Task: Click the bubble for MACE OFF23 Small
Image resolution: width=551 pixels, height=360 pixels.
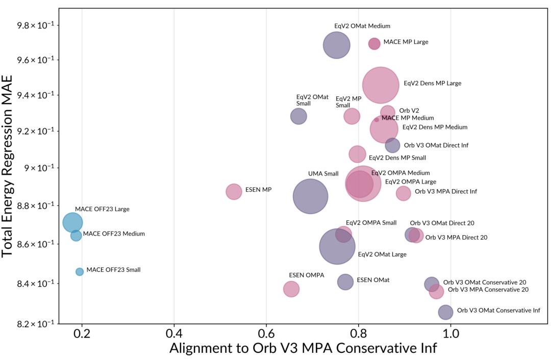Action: [80, 272]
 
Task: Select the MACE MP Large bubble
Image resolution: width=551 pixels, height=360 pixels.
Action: [374, 44]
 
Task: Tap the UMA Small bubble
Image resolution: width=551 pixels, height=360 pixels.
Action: [311, 196]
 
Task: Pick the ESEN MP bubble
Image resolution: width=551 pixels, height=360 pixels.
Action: [234, 192]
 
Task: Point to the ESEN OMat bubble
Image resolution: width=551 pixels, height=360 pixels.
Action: [345, 281]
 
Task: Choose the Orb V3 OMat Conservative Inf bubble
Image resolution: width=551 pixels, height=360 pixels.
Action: [445, 312]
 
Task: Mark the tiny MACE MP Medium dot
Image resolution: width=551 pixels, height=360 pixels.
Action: [377, 120]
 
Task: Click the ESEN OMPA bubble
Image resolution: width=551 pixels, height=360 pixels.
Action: [291, 289]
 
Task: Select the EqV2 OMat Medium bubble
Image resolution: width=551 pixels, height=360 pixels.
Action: [336, 45]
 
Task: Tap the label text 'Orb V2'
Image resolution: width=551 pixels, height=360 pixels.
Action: [409, 111]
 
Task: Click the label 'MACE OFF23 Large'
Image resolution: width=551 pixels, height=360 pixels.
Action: [102, 209]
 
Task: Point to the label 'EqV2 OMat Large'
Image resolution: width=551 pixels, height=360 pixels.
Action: [382, 254]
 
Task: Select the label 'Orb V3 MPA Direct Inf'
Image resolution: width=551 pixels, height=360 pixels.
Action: [445, 192]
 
